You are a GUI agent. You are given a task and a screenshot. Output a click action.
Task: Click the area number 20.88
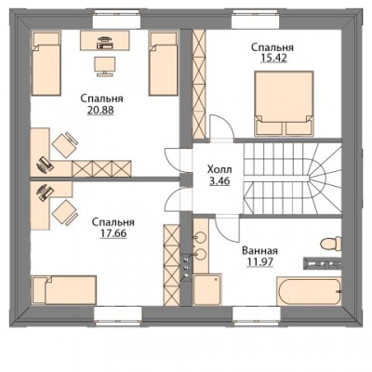(100, 110)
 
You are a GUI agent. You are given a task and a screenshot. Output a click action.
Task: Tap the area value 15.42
(273, 59)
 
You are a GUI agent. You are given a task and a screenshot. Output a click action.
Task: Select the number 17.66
(113, 233)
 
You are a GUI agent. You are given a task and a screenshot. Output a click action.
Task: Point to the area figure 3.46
(219, 180)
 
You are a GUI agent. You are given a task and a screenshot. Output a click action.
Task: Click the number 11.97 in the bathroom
(259, 262)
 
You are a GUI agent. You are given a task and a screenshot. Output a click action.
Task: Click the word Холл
(219, 170)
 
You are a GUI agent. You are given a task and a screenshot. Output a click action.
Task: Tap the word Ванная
(259, 250)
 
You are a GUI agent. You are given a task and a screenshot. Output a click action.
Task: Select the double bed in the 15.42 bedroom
(284, 103)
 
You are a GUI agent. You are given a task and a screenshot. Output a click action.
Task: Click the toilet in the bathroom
(331, 244)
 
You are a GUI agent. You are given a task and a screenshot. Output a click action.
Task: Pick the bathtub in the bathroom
(309, 291)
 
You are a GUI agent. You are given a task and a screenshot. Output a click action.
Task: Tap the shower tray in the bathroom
(207, 289)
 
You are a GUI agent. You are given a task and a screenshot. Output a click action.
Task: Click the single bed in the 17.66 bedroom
(64, 290)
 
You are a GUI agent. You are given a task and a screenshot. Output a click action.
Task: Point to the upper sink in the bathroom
(200, 238)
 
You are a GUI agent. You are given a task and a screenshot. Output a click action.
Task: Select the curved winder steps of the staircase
(324, 179)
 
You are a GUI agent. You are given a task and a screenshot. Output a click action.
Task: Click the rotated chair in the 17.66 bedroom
(65, 211)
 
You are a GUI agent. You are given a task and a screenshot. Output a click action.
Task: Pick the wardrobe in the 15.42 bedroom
(199, 84)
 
